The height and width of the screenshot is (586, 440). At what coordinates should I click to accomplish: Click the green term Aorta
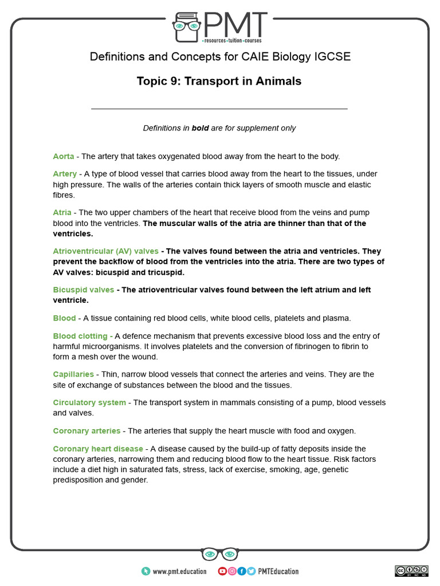tap(64, 156)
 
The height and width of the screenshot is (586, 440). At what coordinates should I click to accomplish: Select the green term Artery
tap(65, 173)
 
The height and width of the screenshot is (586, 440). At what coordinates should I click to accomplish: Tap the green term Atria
tap(62, 212)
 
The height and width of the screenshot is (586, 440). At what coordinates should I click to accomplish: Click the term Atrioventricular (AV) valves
tap(105, 251)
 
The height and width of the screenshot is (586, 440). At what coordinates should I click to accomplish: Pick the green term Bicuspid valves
tap(83, 290)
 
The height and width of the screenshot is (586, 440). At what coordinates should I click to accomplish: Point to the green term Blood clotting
tap(80, 336)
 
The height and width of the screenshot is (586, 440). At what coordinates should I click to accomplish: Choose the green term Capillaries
tap(73, 374)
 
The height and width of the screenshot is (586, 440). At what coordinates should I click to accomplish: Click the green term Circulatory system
tap(89, 402)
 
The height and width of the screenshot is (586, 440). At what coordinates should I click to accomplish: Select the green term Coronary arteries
tap(87, 430)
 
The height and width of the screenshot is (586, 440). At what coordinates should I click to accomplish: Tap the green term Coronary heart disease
tap(99, 449)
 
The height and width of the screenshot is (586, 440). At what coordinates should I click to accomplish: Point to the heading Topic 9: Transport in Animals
tap(219, 81)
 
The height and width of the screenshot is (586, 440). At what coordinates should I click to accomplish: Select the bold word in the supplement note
tap(200, 128)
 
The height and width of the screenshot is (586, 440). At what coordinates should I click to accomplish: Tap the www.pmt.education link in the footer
tap(177, 571)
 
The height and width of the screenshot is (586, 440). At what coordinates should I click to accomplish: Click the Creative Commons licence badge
tap(411, 571)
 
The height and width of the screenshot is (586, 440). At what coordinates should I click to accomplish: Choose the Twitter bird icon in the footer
tap(251, 571)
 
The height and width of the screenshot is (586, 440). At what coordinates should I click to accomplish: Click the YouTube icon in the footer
tap(222, 571)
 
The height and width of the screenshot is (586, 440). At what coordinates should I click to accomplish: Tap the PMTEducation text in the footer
tap(278, 571)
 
